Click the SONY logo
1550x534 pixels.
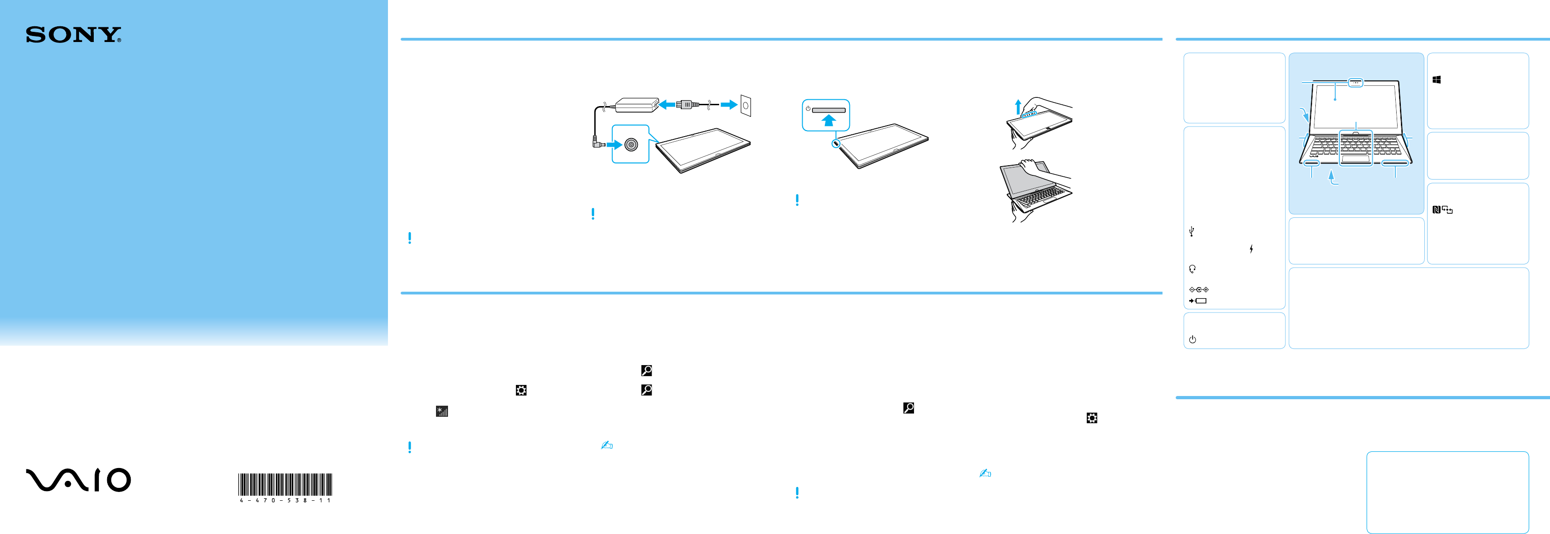73,35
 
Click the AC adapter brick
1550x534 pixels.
636,105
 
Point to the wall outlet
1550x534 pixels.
745,105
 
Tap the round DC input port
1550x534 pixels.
630,144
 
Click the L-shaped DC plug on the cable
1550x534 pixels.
598,144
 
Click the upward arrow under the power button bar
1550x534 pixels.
829,120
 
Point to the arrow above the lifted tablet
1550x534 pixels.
1017,107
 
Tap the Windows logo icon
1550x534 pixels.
1436,79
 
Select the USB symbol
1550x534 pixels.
1192,231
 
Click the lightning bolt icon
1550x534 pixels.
1251,249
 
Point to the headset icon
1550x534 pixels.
1192,269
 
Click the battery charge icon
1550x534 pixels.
1198,300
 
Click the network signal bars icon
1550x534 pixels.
442,411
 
